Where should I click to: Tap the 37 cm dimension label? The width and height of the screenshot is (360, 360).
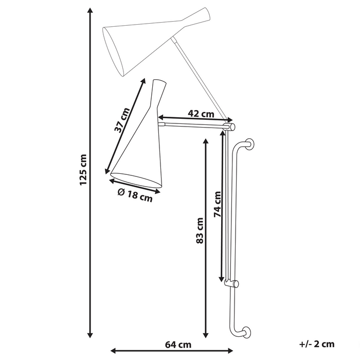pos(122,120)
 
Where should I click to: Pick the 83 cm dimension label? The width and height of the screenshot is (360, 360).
pos(200,230)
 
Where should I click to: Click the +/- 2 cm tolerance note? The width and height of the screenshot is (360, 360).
pos(316,344)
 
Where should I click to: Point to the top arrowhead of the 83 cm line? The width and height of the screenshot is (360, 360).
pos(206,141)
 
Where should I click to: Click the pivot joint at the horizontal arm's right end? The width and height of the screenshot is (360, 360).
pos(231,125)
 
